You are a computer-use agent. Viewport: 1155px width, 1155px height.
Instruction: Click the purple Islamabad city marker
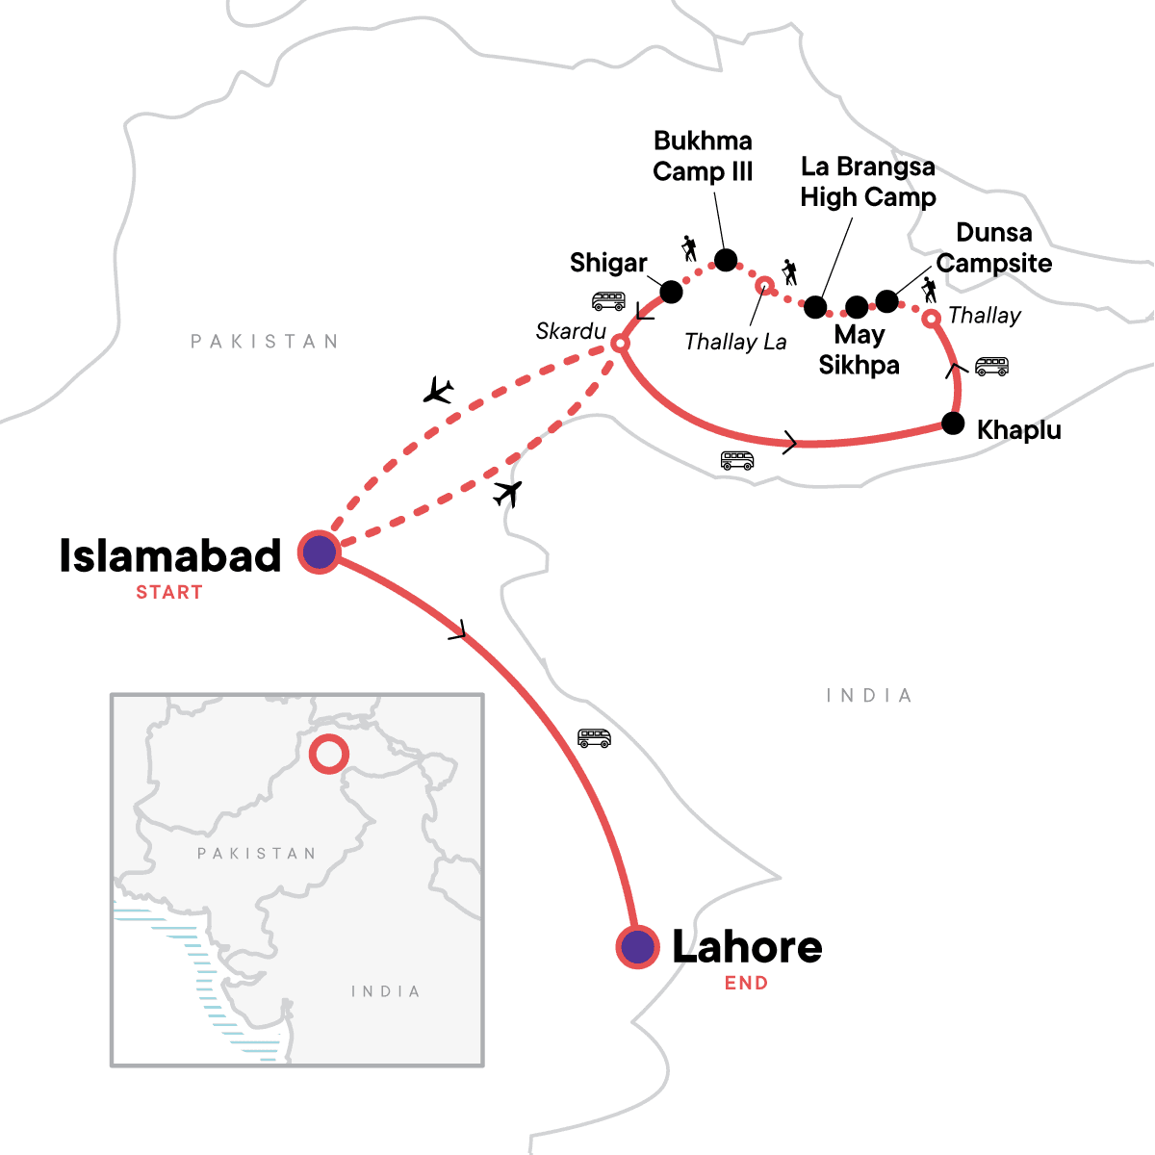[319, 552]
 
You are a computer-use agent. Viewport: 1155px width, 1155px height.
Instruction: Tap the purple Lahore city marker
[636, 947]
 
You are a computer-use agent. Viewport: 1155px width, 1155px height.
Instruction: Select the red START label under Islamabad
[169, 593]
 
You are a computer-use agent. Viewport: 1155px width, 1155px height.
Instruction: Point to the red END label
[747, 983]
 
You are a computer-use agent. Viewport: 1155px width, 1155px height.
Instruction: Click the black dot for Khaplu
[953, 423]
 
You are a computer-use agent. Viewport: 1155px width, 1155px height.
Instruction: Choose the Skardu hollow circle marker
[621, 343]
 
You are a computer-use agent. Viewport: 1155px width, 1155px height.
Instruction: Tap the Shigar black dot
[671, 290]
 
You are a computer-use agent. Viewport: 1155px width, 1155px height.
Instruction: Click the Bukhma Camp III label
[703, 156]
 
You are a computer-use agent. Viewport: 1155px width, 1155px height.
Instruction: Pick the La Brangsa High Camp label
[868, 182]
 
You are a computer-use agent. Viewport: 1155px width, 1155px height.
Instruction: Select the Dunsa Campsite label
[994, 247]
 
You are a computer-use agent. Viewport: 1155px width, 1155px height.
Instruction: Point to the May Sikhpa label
[860, 349]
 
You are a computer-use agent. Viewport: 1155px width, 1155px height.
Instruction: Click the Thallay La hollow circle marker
[764, 285]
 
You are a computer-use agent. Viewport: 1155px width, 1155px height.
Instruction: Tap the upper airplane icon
[439, 391]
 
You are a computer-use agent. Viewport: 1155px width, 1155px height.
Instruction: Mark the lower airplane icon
[507, 493]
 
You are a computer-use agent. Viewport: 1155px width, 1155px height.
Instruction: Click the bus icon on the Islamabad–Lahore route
[594, 738]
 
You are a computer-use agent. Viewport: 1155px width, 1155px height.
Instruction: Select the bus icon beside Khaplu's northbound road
[991, 366]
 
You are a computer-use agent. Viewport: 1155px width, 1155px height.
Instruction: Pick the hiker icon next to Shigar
[688, 248]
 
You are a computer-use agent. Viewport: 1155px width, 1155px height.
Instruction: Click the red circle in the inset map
[328, 754]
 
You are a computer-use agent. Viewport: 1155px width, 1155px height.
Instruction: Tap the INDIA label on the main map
[869, 696]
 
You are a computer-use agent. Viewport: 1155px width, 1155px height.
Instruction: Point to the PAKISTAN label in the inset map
[256, 854]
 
